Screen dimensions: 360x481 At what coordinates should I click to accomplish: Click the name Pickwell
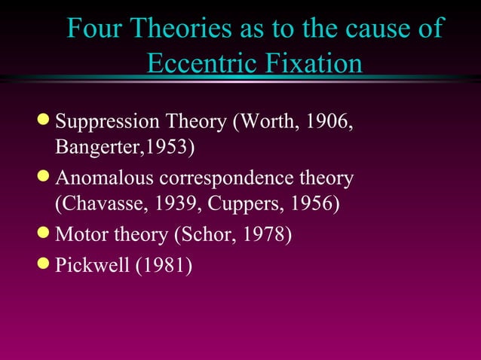(x=92, y=266)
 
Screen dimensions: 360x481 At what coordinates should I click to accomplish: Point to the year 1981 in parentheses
(x=164, y=266)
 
